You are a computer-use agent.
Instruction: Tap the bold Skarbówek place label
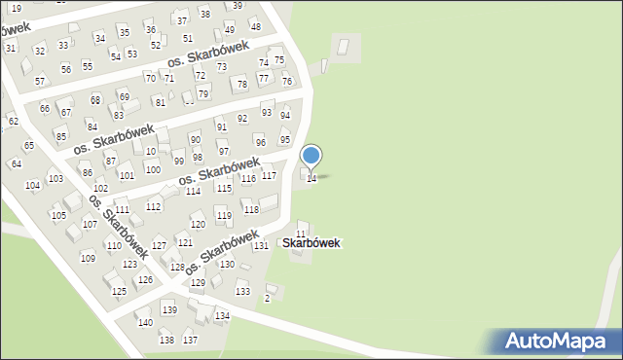pos(311,243)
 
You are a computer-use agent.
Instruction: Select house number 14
pos(311,178)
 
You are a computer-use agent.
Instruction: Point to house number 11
pos(302,234)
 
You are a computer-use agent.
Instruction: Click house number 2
pos(268,299)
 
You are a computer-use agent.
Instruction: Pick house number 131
pos(261,245)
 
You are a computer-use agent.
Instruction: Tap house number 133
pos(242,291)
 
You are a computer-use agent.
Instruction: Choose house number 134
pos(223,316)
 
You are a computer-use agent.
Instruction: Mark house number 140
pos(144,322)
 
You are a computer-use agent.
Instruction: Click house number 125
pos(119,291)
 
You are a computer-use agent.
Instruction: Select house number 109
pos(88,258)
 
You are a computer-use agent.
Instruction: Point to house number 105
pos(58,215)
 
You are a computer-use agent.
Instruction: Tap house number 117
pos(270,175)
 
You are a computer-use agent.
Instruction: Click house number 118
pos(251,209)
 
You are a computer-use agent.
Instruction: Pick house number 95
pos(285,140)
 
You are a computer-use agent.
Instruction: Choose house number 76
pos(287,81)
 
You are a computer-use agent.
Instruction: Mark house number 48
pos(255,27)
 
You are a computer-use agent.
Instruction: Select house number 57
pos(40,81)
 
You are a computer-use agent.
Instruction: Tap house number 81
pos(161,102)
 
